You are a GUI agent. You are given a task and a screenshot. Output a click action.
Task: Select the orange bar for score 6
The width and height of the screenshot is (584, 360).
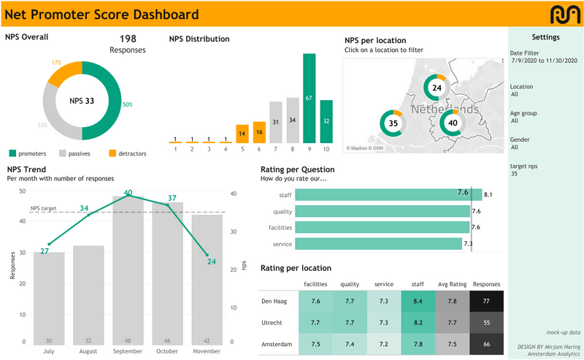coord(259,132)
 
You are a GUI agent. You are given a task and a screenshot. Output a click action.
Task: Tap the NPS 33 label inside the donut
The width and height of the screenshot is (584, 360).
coord(82,101)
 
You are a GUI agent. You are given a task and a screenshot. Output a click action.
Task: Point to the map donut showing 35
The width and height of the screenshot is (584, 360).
coord(393,123)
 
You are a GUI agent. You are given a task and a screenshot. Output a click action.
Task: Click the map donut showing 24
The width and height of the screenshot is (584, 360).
coord(437,88)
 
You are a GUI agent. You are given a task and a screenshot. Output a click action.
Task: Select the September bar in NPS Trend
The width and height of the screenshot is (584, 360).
coord(128,270)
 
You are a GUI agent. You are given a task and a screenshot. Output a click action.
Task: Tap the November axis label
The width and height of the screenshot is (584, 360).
coord(207,351)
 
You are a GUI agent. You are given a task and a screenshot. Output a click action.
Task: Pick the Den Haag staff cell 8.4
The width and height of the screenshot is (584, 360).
coord(418,301)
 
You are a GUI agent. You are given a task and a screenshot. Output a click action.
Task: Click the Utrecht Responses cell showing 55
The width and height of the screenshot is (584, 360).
coord(487,322)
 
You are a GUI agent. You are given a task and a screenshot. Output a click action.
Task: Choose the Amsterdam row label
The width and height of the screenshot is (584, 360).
coord(276,343)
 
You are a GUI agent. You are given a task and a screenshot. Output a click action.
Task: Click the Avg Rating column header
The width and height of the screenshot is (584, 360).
coord(453,284)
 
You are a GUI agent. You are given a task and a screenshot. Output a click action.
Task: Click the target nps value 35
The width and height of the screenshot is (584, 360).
coord(514,175)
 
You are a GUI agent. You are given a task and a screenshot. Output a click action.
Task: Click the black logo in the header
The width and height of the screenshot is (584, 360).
coord(564,13)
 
